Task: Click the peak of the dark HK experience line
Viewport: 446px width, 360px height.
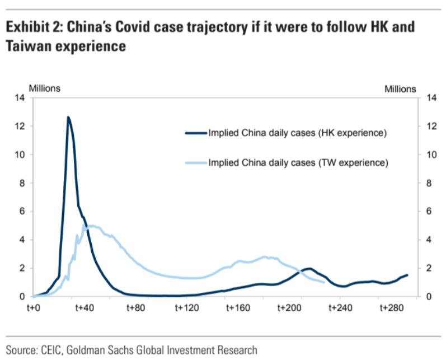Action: [68, 118]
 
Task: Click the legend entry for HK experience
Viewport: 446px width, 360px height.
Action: [297, 133]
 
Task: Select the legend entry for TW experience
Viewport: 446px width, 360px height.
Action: [297, 163]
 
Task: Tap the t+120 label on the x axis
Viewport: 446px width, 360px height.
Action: [187, 308]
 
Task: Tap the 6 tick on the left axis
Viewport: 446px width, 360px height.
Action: [21, 212]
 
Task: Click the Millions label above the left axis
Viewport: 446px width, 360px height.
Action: [45, 88]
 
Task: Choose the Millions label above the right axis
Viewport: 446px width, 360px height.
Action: [400, 88]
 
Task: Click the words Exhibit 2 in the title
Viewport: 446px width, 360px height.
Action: [34, 27]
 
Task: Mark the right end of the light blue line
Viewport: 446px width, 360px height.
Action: [324, 282]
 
